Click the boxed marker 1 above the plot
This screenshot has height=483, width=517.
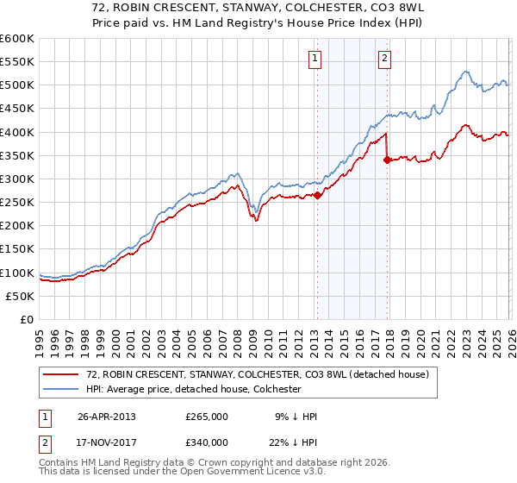tap(315, 59)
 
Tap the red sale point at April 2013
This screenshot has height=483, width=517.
tap(317, 195)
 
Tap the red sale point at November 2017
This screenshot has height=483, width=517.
tap(387, 160)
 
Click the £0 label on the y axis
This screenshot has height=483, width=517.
tap(28, 319)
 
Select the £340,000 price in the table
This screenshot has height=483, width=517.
tap(207, 442)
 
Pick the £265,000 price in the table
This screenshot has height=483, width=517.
tap(207, 416)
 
